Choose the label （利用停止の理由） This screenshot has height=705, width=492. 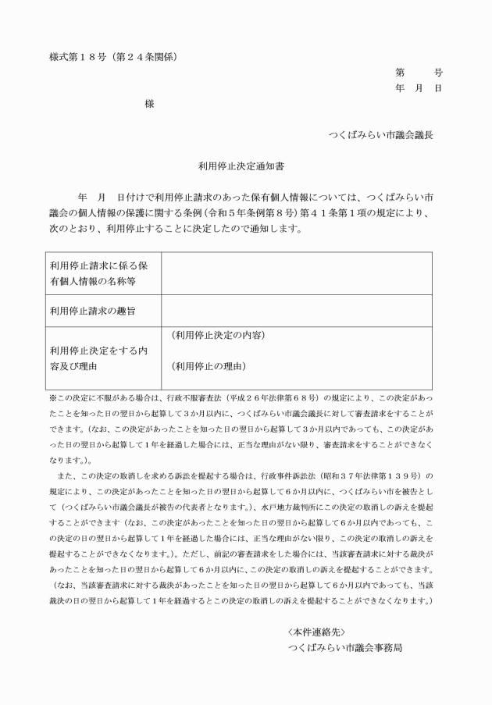pyautogui.click(x=208, y=365)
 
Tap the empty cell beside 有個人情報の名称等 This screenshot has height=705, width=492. pyautogui.click(x=296, y=273)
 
